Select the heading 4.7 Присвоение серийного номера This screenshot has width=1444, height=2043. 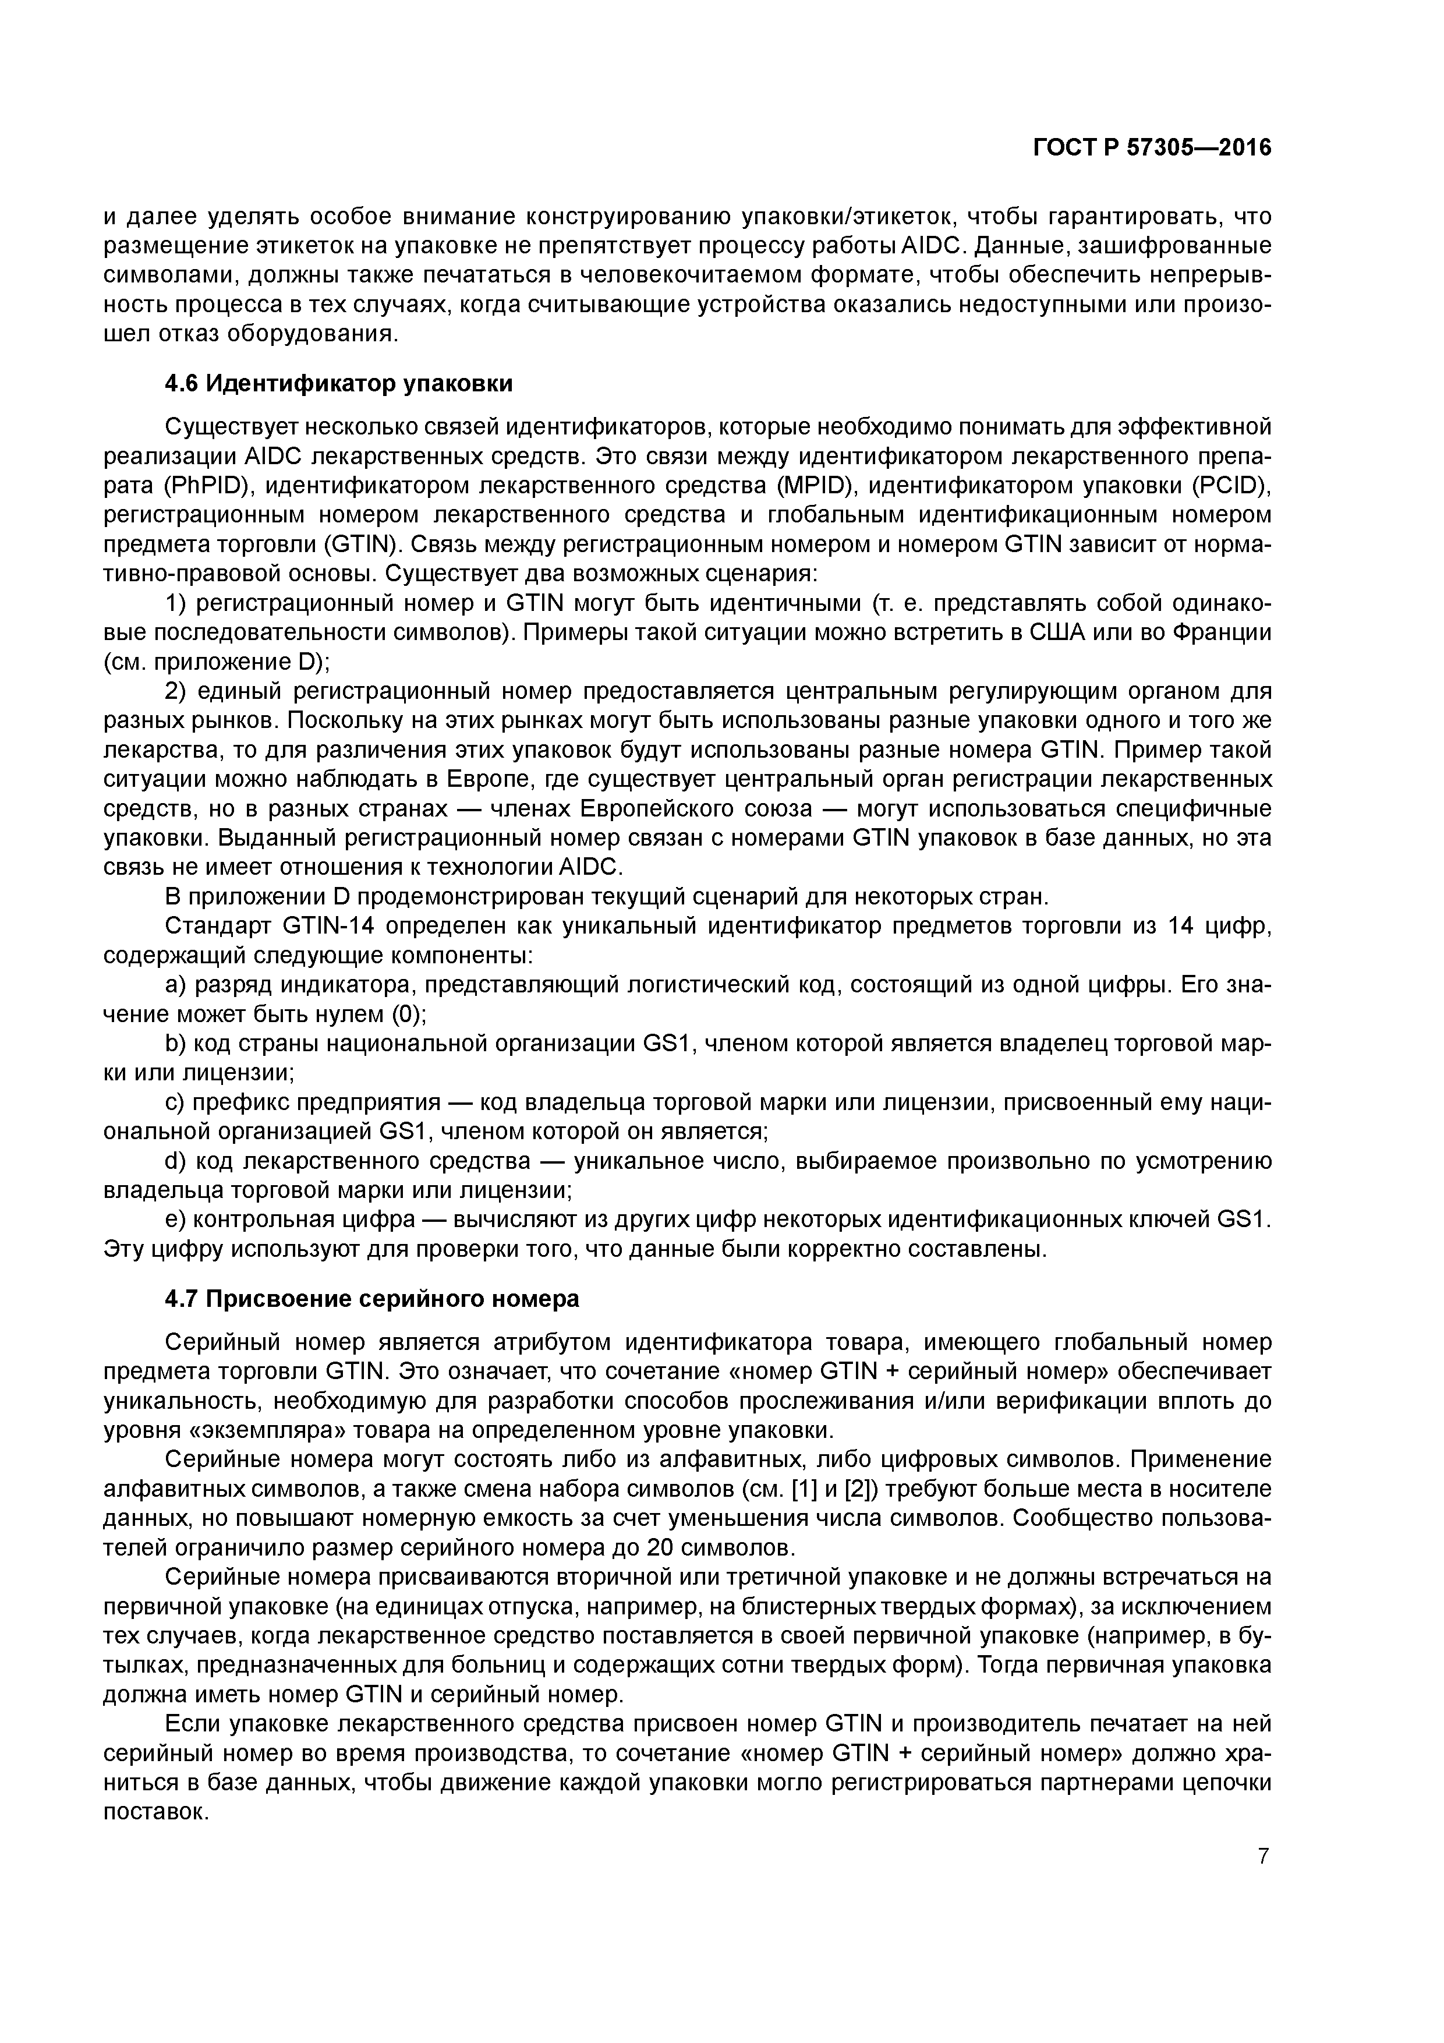point(372,1299)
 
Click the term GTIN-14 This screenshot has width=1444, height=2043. point(327,927)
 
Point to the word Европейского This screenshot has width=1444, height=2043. point(657,809)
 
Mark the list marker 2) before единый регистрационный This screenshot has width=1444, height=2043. point(176,691)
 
